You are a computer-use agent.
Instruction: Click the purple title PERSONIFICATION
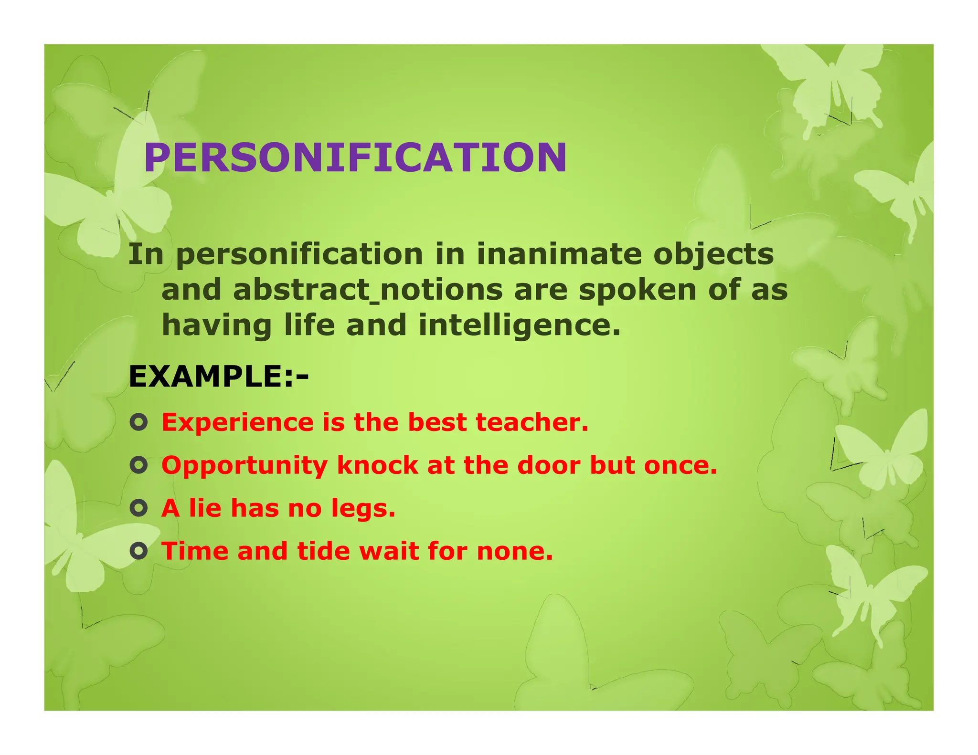(x=355, y=157)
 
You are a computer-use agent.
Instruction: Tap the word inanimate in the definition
(x=559, y=254)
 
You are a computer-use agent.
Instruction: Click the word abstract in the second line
(x=301, y=290)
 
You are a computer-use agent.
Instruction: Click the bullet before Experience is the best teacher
(x=138, y=422)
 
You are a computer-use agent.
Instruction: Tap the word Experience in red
(x=237, y=423)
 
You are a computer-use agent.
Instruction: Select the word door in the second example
(x=549, y=465)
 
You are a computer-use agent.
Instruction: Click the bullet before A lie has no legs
(x=138, y=508)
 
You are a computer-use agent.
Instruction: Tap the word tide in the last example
(x=324, y=551)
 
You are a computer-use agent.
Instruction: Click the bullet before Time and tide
(x=138, y=551)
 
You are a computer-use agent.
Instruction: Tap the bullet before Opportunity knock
(x=138, y=465)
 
